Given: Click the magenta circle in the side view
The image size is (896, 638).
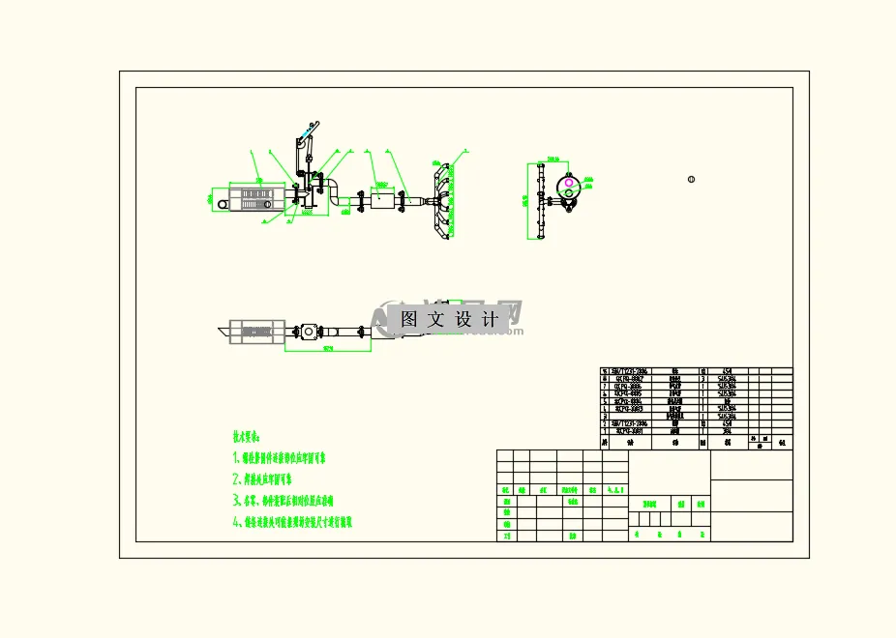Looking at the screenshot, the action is [x=569, y=183].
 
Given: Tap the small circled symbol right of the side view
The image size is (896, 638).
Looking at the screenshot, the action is [x=691, y=179].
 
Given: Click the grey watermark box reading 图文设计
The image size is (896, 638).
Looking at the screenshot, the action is [x=449, y=318].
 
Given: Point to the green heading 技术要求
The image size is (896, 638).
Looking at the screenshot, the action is [x=247, y=437].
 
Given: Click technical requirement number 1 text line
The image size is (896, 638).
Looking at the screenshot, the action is [x=280, y=457].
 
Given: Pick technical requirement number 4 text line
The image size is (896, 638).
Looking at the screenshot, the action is [x=292, y=521].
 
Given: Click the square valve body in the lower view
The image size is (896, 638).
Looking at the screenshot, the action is [x=310, y=332].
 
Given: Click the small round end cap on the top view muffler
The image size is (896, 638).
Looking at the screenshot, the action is [x=222, y=205].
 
